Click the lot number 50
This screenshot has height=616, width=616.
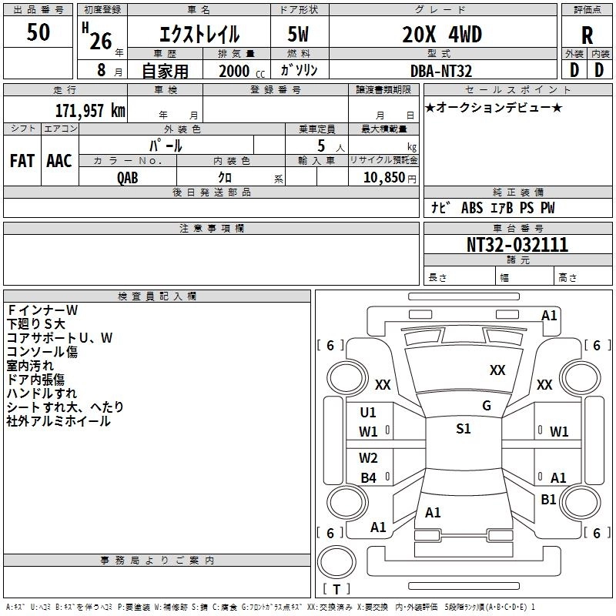pos(38,32)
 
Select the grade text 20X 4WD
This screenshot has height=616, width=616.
pos(442,34)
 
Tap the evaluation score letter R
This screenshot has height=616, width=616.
pos(587,35)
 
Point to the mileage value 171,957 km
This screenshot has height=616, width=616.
pos(90,111)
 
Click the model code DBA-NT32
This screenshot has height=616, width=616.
pos(441,71)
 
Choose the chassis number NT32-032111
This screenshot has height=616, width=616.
pos(517,245)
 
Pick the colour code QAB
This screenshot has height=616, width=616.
pos(128,178)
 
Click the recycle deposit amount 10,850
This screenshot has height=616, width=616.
pos(384,178)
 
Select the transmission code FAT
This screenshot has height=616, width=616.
pos(22,161)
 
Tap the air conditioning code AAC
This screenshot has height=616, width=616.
pos(59,161)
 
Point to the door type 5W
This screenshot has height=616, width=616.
pos(298,34)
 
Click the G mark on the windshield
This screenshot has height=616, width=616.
pos(487,405)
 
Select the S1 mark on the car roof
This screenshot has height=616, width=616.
pos(464,428)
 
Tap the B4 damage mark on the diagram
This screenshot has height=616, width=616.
pos(369,477)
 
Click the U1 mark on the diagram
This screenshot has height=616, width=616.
pos(368,413)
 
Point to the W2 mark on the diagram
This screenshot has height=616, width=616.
pos(368,457)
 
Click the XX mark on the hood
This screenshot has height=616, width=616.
pos(497,370)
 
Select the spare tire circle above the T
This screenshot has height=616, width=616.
pos(336,562)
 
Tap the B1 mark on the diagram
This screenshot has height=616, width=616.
pos(548,499)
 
